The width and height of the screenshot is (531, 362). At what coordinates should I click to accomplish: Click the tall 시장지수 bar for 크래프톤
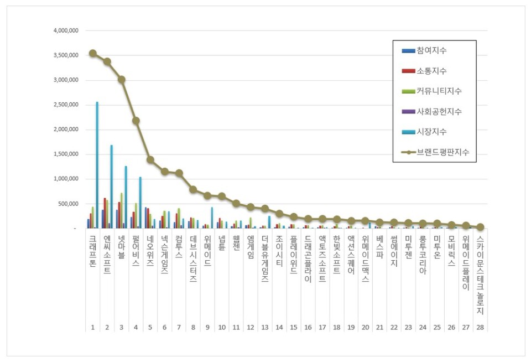(97, 166)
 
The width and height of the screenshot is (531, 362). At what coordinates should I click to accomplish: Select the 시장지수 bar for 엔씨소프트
(112, 188)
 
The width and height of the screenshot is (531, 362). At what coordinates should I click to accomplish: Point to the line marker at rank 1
(92, 53)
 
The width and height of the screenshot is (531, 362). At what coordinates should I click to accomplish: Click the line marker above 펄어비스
(136, 121)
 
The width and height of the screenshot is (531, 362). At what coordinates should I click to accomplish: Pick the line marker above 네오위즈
(150, 159)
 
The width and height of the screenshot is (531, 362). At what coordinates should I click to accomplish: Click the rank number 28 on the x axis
(480, 328)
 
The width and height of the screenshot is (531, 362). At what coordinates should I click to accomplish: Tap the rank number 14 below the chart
(279, 328)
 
